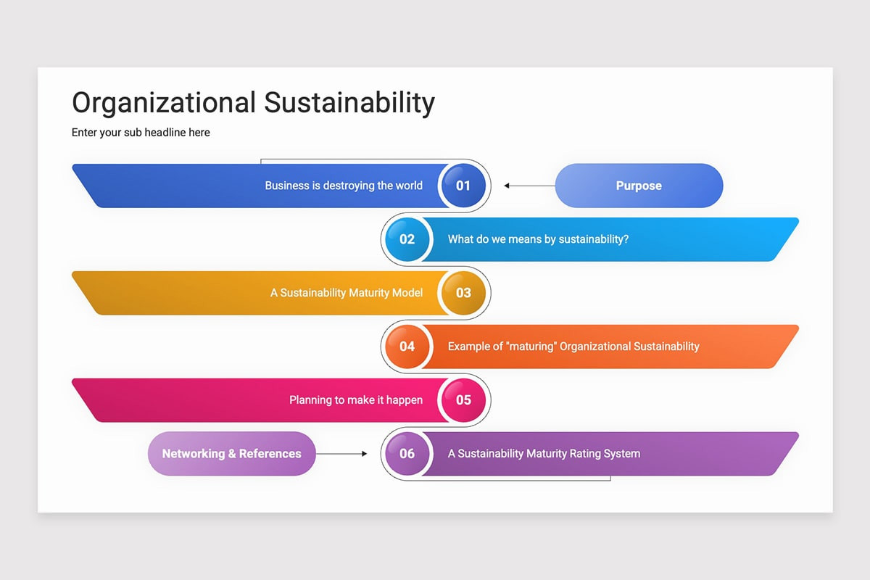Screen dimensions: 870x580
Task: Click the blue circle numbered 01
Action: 464,186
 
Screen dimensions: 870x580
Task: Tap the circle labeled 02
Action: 407,239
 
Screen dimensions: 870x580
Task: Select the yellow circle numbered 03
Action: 464,293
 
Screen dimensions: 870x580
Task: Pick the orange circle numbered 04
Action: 407,347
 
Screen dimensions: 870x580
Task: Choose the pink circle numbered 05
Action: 464,400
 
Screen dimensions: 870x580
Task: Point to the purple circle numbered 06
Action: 407,454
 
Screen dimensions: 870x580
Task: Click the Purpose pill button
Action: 639,186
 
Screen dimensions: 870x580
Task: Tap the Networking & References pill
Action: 232,454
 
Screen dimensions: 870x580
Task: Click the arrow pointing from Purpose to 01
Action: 530,186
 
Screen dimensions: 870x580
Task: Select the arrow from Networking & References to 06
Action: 341,454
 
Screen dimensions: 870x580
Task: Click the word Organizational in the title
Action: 164,103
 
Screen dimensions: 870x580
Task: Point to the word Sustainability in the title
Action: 349,103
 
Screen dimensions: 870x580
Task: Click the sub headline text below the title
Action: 141,133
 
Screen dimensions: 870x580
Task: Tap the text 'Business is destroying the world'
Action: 344,186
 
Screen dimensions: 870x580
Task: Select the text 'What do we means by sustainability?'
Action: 538,239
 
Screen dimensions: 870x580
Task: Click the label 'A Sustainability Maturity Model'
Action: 347,293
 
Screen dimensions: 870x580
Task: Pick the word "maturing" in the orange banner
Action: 531,346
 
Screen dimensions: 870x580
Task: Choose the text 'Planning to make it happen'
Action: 356,400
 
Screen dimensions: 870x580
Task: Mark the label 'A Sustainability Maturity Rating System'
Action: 544,454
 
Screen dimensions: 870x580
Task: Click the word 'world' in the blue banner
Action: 409,186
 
